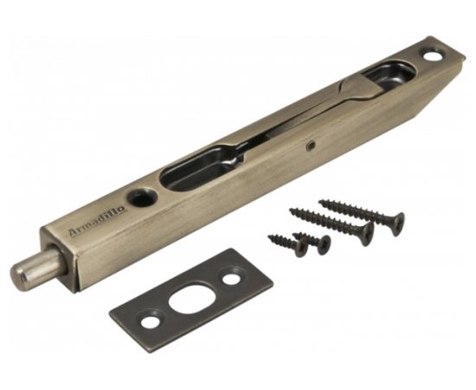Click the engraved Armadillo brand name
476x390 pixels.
pyautogui.click(x=97, y=221)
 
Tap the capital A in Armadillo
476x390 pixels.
pyautogui.click(x=74, y=232)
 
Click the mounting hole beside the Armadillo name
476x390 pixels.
pyautogui.click(x=143, y=197)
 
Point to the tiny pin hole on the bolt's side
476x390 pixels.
pyautogui.click(x=311, y=146)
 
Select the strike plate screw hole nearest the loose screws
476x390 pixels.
pyautogui.click(x=231, y=279)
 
